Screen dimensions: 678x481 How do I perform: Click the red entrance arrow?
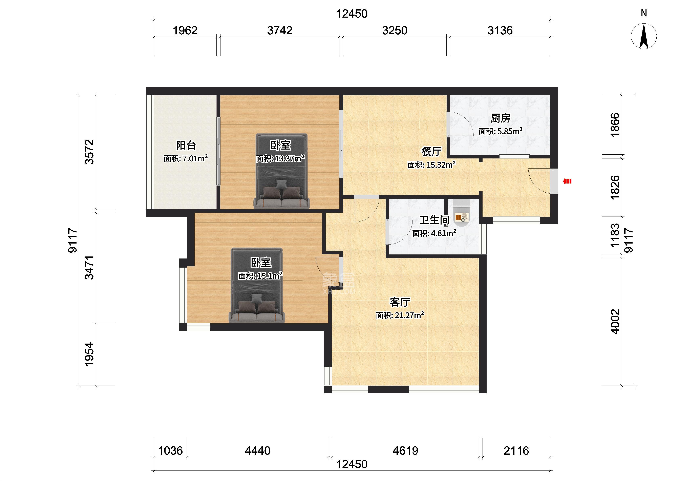point(567,181)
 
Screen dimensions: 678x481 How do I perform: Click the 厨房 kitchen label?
point(501,118)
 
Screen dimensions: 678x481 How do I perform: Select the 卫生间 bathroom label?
point(434,220)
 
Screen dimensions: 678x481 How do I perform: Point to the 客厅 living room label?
point(400,302)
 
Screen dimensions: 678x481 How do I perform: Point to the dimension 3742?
point(280,30)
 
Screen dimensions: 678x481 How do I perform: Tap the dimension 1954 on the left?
point(89,354)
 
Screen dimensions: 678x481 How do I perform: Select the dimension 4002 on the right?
point(615,322)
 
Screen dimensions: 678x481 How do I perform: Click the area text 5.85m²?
point(510,131)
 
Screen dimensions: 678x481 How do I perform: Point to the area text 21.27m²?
point(409,315)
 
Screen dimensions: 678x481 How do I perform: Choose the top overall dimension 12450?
point(352,14)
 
